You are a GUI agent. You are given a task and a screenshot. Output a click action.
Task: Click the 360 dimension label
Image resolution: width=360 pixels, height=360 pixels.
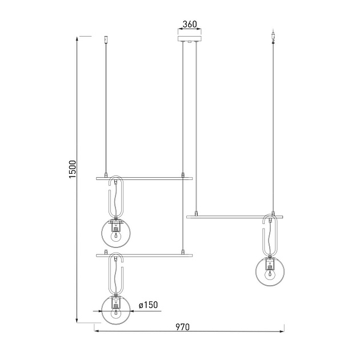[x=189, y=25]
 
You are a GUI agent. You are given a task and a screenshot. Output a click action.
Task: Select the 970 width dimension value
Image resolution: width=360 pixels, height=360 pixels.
[x=182, y=327]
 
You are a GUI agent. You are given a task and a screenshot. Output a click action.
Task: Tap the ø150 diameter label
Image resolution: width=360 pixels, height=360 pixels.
[x=148, y=306]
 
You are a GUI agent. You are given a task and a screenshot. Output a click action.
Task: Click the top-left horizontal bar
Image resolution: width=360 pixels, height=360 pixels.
[x=144, y=178]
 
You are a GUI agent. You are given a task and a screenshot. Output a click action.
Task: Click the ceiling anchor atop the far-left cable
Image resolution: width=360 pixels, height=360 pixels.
[x=106, y=39]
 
